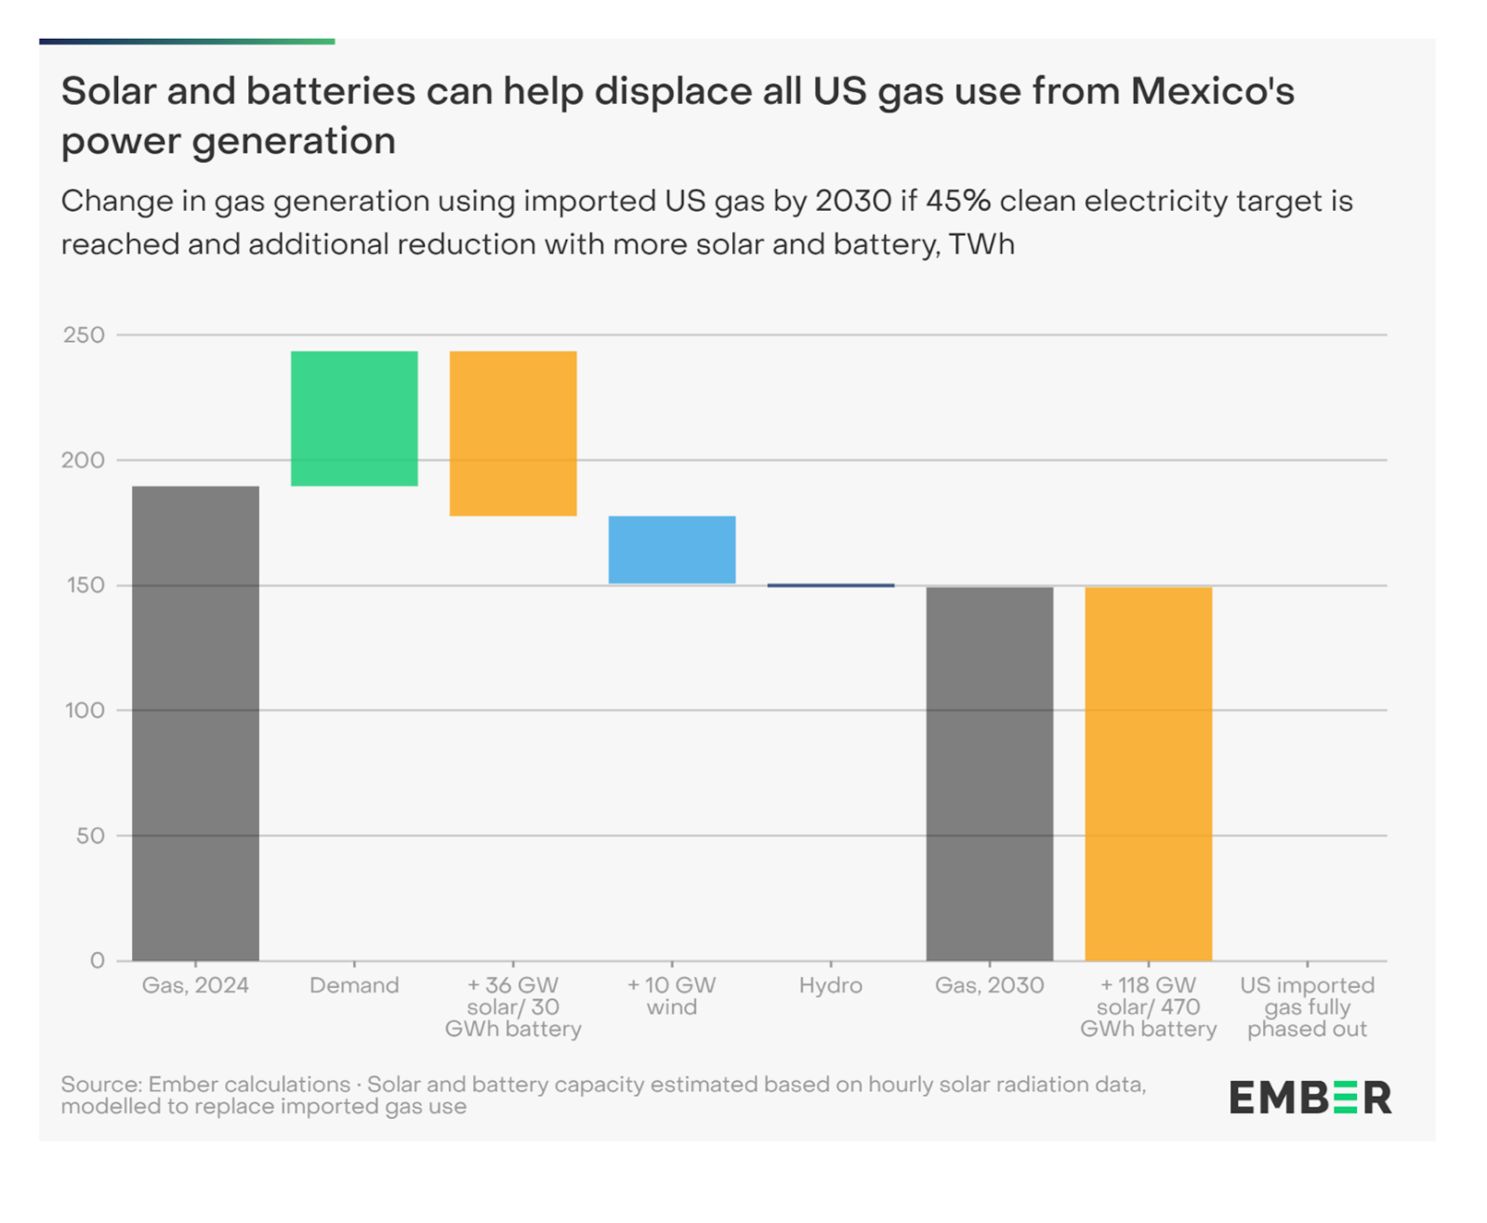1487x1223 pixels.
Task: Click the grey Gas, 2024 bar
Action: pos(195,723)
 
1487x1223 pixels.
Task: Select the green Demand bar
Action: pos(354,418)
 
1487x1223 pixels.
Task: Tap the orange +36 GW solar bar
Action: pos(513,433)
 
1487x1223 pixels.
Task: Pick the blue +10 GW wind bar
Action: pos(672,549)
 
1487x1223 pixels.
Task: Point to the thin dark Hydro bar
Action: pos(831,585)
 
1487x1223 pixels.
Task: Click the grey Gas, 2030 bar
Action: pos(990,773)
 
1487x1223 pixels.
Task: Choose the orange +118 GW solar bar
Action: pos(1149,773)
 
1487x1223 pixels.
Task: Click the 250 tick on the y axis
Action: pos(84,335)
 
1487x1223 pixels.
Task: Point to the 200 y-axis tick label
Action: pos(84,460)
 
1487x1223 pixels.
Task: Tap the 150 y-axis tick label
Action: pos(84,585)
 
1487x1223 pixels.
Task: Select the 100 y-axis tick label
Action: pos(84,710)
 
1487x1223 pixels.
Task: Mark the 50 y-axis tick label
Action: pos(90,835)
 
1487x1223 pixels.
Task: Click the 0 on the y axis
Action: pos(98,961)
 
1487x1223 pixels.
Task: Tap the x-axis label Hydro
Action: pos(831,985)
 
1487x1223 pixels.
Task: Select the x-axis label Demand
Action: pos(354,985)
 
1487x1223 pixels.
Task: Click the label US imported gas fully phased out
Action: pos(1307,1006)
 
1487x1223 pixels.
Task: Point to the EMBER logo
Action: pos(1310,1098)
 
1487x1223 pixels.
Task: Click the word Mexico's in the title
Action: pos(1212,91)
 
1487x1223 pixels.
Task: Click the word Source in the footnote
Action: pos(99,1085)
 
